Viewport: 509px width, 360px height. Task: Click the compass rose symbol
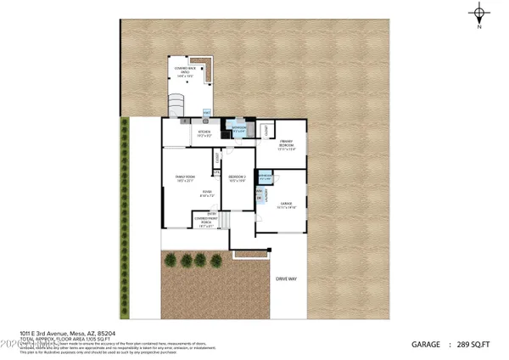click(480, 14)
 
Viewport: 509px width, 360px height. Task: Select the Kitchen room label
click(204, 133)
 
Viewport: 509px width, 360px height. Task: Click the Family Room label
click(185, 177)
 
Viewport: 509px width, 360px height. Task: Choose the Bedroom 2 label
click(238, 177)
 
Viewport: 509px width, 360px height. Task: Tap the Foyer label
click(206, 194)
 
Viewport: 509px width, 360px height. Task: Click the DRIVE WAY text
click(285, 278)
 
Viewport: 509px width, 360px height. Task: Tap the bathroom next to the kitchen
click(238, 130)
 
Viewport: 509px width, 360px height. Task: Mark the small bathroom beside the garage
click(265, 177)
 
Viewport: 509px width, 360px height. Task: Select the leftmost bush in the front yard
click(171, 260)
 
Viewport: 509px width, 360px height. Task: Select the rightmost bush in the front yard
click(214, 260)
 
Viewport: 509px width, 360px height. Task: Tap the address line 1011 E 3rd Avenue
click(58, 333)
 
